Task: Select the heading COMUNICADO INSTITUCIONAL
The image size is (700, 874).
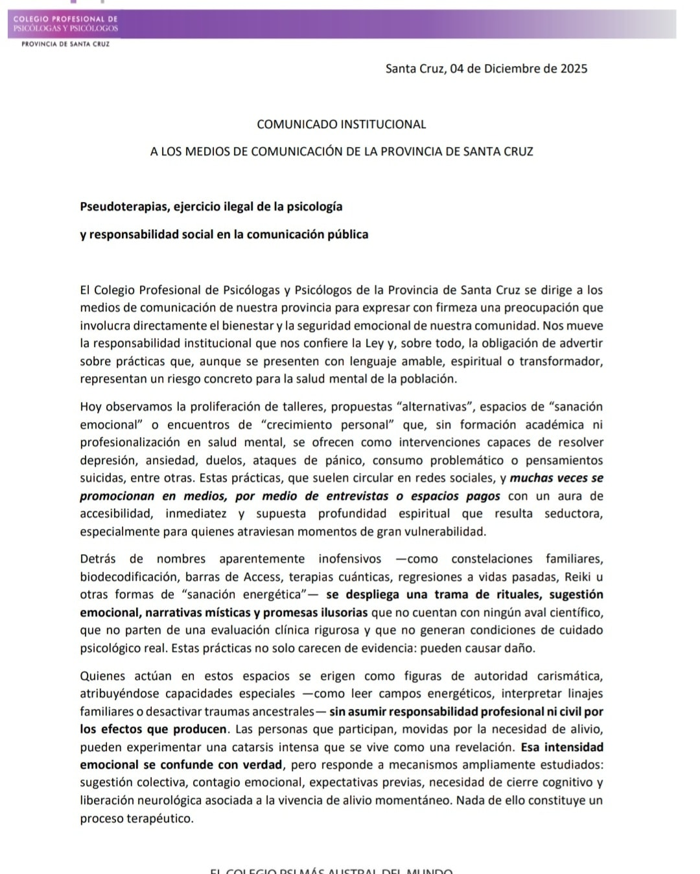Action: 342,124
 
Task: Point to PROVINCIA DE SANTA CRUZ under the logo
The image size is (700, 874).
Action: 65,45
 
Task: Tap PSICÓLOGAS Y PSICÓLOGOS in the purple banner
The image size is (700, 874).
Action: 66,28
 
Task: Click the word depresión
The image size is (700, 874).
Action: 106,461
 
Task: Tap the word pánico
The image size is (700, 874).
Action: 344,461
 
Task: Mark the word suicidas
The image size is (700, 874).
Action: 102,478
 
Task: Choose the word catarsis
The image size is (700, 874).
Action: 262,747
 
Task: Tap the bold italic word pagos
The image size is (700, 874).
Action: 483,497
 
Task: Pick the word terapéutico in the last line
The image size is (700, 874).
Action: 158,818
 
